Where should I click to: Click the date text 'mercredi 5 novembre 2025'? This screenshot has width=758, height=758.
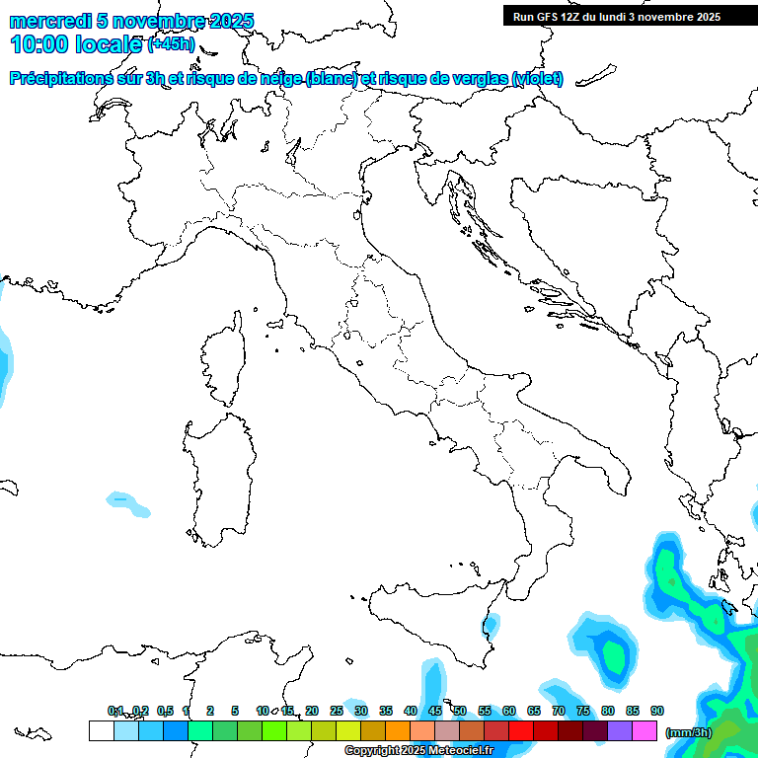click(131, 21)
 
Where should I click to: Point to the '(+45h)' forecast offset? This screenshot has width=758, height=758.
click(171, 44)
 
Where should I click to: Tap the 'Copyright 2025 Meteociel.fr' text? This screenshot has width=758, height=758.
click(418, 750)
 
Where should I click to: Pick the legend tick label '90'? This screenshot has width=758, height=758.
click(657, 711)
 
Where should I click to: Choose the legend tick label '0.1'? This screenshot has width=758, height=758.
click(115, 711)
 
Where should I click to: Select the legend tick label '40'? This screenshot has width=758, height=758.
click(411, 711)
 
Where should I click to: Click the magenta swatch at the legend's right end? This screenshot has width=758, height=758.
click(645, 731)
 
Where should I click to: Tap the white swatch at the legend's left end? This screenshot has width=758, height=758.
click(101, 731)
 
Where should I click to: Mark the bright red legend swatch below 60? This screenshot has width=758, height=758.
click(521, 731)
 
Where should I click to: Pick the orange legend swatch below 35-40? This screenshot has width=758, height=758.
click(398, 731)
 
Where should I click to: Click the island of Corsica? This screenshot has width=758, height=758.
click(223, 359)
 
